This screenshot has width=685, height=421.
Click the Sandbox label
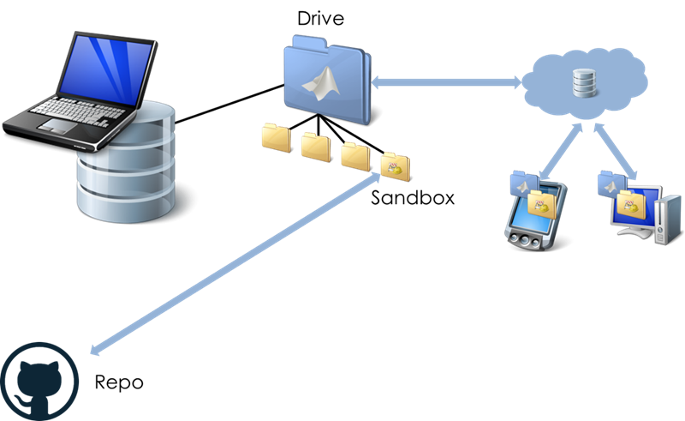tap(413, 198)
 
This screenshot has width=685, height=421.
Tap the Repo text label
tap(118, 382)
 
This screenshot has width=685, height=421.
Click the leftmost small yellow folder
tap(276, 137)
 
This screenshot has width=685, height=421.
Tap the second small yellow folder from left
tap(315, 145)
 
